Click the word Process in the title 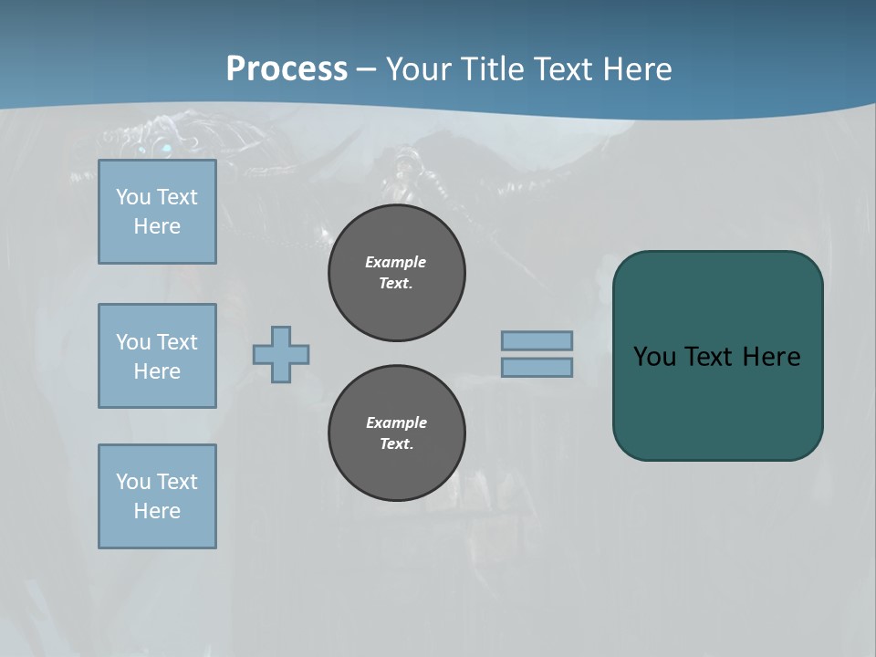tap(287, 69)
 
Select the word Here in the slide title tap(635, 69)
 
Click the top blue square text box tap(157, 212)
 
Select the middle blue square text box tap(157, 356)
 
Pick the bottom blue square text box tap(157, 496)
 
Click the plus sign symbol tap(281, 354)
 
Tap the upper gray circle tap(397, 273)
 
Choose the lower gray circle tap(397, 433)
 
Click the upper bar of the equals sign tap(537, 340)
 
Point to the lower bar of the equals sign tap(537, 367)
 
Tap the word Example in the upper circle tap(396, 262)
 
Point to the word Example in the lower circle tap(396, 422)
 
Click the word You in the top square tap(131, 197)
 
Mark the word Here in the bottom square tap(157, 511)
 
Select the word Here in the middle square tap(157, 371)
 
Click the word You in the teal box tap(654, 357)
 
